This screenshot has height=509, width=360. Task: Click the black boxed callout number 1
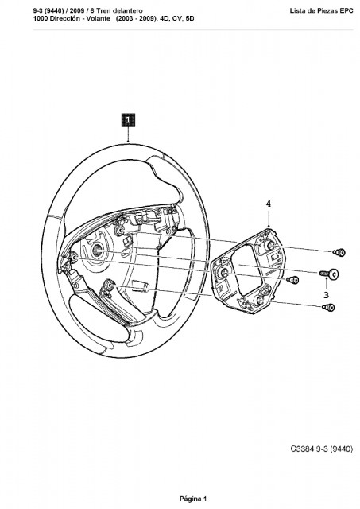[128, 120]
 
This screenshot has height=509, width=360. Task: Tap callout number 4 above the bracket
[269, 204]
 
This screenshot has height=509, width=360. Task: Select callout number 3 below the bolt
[326, 295]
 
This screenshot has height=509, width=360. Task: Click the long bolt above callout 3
[329, 274]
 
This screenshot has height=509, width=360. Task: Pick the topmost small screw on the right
[339, 252]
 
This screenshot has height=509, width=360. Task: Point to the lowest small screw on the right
[328, 307]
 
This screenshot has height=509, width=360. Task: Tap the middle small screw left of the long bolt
[293, 279]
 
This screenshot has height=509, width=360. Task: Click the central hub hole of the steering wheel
[97, 250]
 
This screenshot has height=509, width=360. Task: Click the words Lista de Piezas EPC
[321, 10]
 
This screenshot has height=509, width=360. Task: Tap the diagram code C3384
[302, 449]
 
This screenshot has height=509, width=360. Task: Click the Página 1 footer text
[192, 499]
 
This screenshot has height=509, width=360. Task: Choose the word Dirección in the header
[64, 18]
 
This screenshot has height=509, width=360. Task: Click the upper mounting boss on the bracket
[269, 245]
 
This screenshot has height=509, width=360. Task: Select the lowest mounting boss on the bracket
[261, 301]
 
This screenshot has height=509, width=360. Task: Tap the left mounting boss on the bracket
[224, 272]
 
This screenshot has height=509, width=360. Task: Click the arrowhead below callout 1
[128, 141]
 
